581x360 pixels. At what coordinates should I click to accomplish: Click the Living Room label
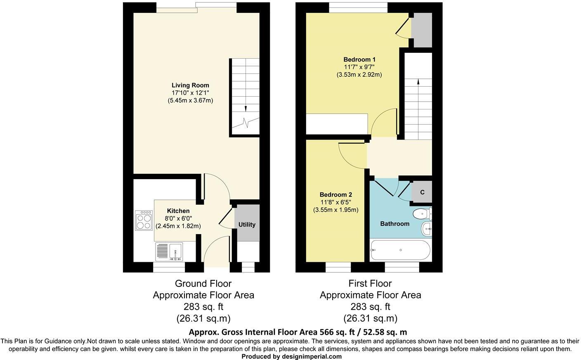click(x=190, y=85)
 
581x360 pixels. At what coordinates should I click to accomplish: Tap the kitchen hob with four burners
click(x=144, y=220)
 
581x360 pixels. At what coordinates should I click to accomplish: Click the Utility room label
click(x=247, y=225)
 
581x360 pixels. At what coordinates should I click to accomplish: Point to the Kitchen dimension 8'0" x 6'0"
click(x=178, y=218)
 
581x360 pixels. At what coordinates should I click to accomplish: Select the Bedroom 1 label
click(x=359, y=59)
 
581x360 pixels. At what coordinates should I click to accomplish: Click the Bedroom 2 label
click(x=335, y=195)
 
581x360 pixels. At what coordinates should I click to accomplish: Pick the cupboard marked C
click(x=422, y=192)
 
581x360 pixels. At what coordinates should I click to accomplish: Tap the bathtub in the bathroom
click(x=400, y=250)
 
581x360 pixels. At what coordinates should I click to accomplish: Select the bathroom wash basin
click(x=426, y=228)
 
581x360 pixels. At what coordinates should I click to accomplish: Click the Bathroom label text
click(x=394, y=224)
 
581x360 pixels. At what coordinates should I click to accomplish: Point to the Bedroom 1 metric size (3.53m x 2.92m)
click(x=359, y=75)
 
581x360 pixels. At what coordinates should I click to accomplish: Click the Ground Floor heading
click(x=203, y=284)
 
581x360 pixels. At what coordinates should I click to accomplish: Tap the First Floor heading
click(x=370, y=284)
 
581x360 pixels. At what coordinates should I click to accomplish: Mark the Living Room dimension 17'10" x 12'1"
click(x=190, y=93)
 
